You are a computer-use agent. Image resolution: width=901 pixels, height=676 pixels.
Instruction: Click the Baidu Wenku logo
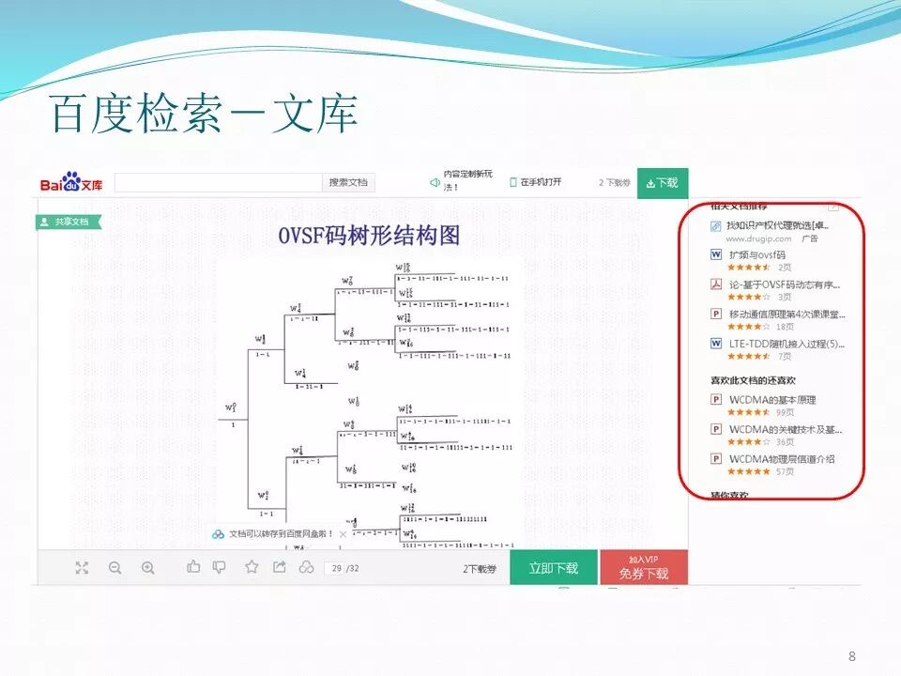point(71,183)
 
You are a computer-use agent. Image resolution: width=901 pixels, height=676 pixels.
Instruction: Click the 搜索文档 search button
point(348,182)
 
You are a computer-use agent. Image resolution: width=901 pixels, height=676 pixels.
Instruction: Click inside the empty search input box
point(218,182)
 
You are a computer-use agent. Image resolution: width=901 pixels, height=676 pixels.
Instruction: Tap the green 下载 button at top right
point(663,183)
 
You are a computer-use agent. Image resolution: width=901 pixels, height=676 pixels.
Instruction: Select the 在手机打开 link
point(536,182)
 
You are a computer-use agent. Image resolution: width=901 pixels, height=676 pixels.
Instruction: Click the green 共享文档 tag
point(69,223)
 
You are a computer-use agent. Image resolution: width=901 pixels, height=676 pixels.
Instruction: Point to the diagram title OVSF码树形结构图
point(369,237)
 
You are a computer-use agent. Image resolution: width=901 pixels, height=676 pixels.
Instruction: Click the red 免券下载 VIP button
point(644,568)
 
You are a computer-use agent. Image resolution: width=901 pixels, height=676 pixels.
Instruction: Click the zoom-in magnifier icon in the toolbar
point(148,567)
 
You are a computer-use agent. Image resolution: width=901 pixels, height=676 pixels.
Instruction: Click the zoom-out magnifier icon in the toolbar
point(115,567)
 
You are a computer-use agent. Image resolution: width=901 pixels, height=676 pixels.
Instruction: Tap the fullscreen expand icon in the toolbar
point(83,567)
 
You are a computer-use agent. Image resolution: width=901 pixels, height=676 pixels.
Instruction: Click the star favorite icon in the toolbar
point(252,567)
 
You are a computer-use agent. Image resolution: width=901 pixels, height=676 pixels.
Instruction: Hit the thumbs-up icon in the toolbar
point(194,567)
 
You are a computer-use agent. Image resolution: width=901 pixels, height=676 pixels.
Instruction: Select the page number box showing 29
point(334,568)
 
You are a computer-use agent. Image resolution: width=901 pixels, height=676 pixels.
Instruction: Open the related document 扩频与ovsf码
point(756,254)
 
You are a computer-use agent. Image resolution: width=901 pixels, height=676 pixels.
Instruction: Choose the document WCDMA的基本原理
point(772,400)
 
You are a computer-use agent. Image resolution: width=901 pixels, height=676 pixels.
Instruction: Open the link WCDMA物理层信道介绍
point(782,459)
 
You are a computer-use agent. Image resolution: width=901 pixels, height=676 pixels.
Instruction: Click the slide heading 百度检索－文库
point(205,114)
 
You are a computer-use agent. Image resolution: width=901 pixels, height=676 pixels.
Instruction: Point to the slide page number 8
point(851,656)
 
